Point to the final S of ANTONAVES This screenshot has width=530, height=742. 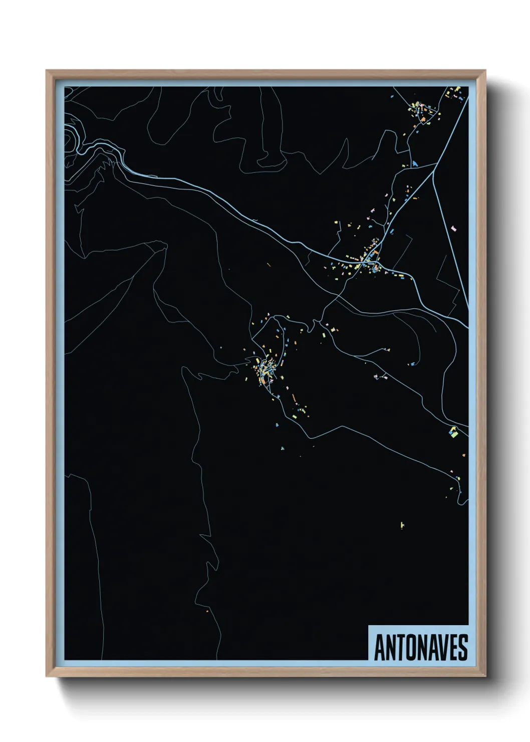[462, 647]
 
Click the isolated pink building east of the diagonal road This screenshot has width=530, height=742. [454, 228]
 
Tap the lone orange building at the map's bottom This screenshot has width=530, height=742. [207, 611]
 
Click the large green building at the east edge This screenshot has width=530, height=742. [453, 432]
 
